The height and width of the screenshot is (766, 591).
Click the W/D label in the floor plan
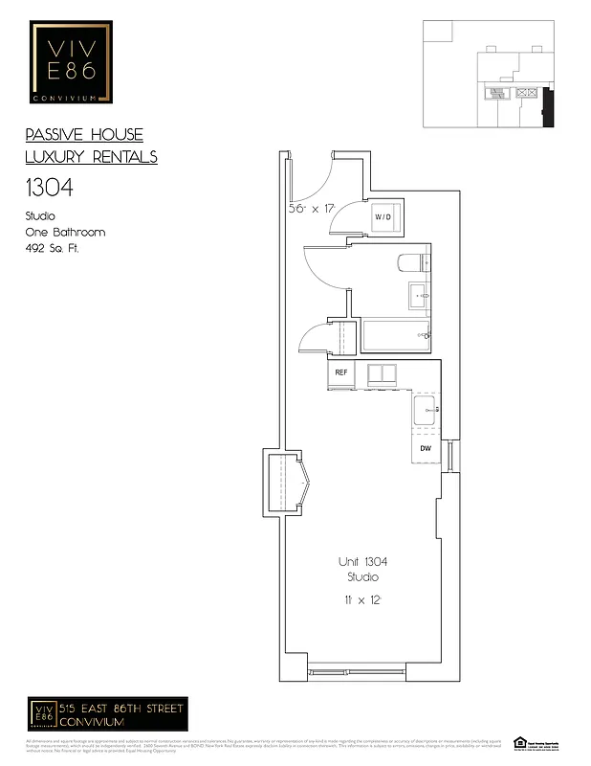383,217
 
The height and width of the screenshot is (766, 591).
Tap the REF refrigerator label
340,372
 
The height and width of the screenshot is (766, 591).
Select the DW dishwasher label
426,447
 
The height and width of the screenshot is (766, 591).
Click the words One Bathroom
65,232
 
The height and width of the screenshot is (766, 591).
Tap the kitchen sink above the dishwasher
425,411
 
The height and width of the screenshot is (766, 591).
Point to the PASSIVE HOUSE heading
84,135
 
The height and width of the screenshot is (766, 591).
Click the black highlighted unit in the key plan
547,107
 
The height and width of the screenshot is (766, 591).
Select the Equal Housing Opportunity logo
521,742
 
